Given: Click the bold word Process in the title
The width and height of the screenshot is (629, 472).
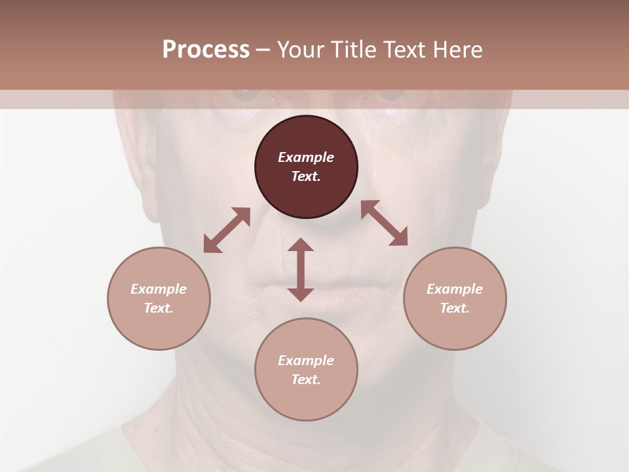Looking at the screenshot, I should click(206, 50).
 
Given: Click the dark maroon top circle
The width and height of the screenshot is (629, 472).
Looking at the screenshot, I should click(306, 167).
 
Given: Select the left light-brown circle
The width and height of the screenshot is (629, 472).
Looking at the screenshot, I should click(159, 298).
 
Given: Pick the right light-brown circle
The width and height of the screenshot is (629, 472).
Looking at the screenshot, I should click(455, 298).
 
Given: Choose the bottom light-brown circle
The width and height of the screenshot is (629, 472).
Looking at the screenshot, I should click(306, 369).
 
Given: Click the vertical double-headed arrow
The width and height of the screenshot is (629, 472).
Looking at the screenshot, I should click(301, 269).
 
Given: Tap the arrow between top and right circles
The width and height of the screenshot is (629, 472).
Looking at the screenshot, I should click(384, 223).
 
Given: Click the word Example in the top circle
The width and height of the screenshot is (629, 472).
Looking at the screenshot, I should click(306, 157).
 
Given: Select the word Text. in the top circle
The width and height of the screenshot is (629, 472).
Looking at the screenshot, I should click(306, 176).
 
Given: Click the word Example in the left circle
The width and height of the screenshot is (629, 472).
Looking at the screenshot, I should click(159, 289).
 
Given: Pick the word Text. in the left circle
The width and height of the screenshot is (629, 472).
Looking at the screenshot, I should click(159, 308).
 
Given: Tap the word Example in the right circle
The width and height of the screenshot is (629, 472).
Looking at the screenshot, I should click(455, 289).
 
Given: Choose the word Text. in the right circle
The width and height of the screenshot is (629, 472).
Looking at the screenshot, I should click(455, 308).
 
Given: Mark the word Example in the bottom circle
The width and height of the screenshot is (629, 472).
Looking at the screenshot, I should click(306, 361).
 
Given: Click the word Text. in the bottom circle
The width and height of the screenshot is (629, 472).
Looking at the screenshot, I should click(306, 380).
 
